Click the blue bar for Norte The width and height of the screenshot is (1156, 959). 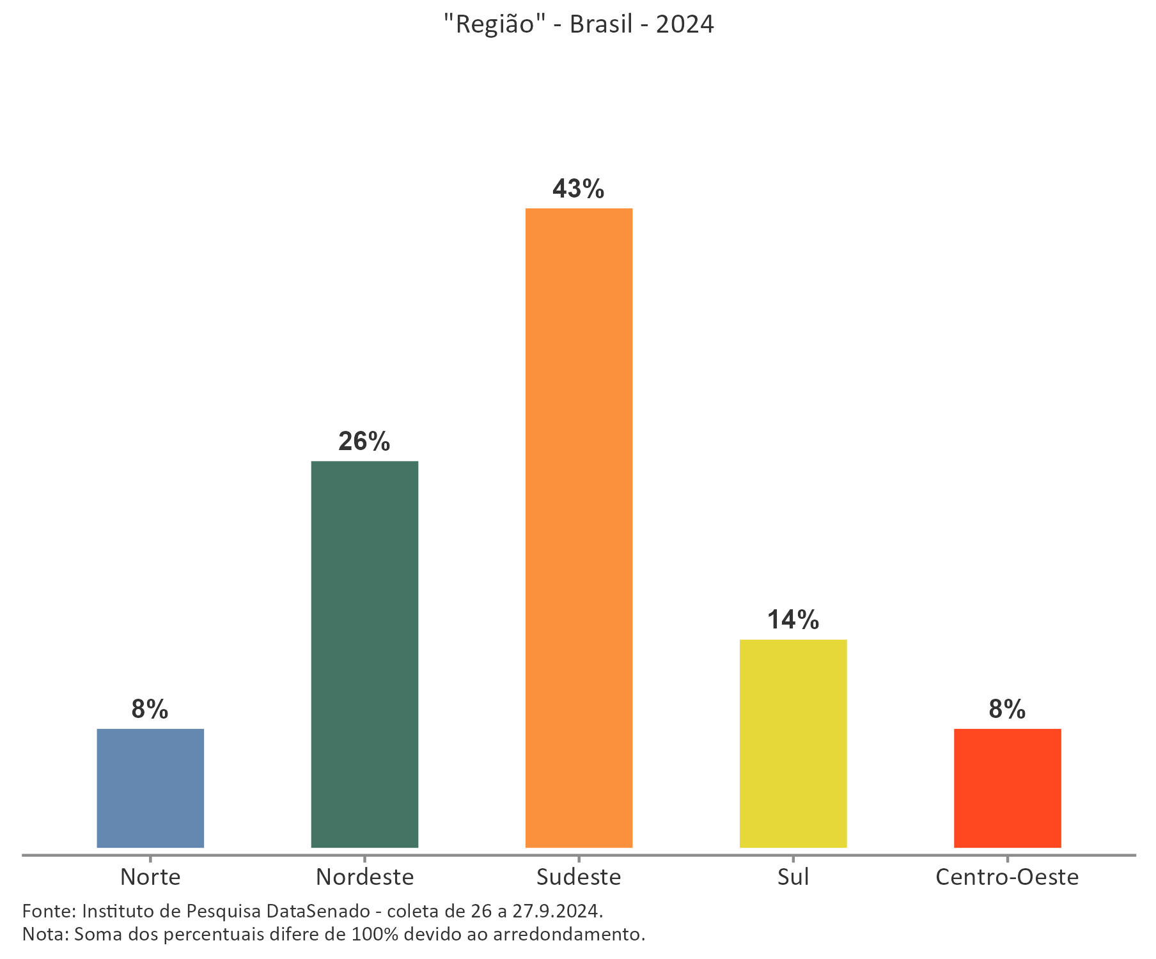click(x=150, y=788)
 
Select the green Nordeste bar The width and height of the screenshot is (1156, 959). click(x=364, y=654)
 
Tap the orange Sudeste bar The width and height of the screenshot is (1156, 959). click(x=579, y=527)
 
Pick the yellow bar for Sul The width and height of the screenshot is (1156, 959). click(x=793, y=744)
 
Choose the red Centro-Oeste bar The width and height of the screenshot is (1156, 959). click(x=1007, y=788)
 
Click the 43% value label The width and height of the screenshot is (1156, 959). click(x=578, y=189)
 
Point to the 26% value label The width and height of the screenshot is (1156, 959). click(x=364, y=442)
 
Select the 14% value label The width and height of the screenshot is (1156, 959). click(x=793, y=620)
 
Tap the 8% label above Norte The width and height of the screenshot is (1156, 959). click(x=150, y=709)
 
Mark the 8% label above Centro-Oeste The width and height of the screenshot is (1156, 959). click(x=1007, y=709)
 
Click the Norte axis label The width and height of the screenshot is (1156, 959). click(x=150, y=877)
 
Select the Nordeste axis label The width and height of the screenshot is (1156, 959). click(x=364, y=877)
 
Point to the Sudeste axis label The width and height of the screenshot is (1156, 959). click(x=579, y=877)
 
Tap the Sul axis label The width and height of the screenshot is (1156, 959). click(x=793, y=877)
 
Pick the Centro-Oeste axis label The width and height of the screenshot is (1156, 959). click(x=1007, y=877)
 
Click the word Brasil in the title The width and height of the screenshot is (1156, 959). click(x=600, y=24)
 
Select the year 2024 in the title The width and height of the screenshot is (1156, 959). click(x=685, y=24)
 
